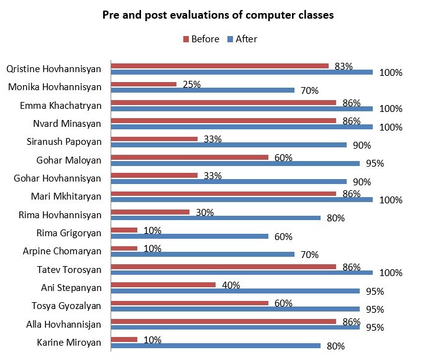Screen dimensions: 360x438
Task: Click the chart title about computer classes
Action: pos(219,16)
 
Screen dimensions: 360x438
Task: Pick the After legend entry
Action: pos(242,39)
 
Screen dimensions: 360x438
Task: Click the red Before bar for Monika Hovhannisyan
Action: pos(144,84)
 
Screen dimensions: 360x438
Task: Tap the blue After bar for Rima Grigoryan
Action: pos(189,236)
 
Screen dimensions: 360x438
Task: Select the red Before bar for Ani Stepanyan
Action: pos(163,285)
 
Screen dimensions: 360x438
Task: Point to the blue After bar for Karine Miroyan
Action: pos(216,346)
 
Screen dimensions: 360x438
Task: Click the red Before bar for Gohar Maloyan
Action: pos(189,157)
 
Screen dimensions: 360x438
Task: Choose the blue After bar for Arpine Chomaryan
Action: pos(203,254)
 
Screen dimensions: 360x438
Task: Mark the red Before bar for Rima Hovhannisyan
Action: pos(150,212)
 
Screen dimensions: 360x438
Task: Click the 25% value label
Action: pos(192,84)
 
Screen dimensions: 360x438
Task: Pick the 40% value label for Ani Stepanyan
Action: pos(231,285)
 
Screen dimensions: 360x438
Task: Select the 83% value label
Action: pos(344,66)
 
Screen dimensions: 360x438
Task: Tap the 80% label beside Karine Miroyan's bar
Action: pos(336,346)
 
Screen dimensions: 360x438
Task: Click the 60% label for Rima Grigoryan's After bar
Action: pos(284,236)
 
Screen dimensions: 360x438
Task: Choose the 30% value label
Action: pos(204,212)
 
